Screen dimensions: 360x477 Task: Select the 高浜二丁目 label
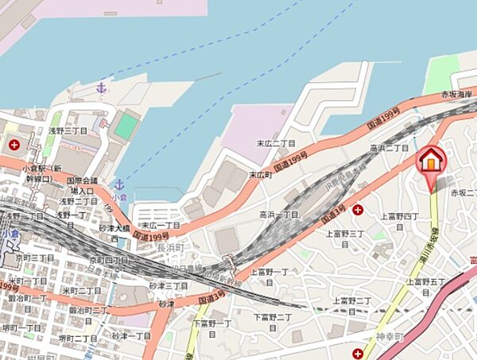click(389, 148)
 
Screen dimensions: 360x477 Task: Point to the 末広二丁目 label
click(276, 144)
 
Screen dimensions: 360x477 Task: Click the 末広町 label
click(260, 175)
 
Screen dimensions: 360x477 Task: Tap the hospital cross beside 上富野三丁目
click(358, 210)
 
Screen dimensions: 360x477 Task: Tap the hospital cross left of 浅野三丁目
click(14, 145)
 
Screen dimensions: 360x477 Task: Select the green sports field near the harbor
click(126, 126)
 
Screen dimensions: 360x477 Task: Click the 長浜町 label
click(170, 249)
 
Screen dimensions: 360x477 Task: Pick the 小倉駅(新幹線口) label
click(43, 173)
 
